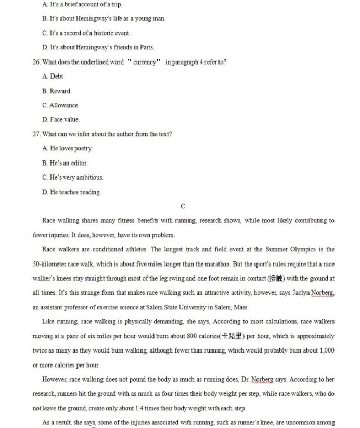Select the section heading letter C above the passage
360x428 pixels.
183,207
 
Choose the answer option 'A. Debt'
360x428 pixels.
53,77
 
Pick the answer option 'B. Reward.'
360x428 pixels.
57,91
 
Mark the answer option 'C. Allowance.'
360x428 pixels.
61,105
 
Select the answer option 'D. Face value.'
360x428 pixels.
61,120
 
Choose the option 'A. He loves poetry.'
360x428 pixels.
68,148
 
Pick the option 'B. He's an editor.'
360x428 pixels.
65,163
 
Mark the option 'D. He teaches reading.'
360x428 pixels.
72,192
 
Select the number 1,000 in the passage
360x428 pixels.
326,350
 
